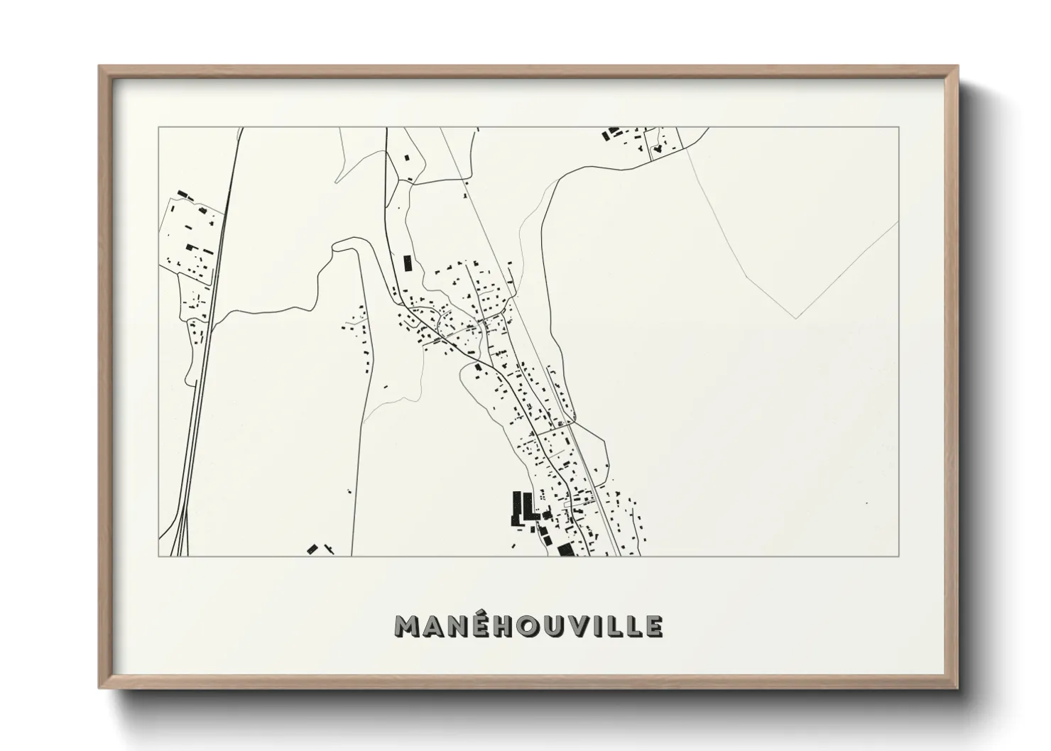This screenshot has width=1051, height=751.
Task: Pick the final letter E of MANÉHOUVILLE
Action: click(654, 626)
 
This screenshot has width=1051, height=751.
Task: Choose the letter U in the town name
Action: click(551, 626)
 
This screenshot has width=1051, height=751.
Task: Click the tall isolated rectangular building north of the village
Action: click(408, 263)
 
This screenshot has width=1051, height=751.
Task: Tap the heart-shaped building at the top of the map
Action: click(658, 149)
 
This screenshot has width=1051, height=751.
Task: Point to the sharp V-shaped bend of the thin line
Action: click(795, 317)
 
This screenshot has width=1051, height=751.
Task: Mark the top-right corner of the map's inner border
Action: click(899, 128)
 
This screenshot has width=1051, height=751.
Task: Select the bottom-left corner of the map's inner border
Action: click(158, 556)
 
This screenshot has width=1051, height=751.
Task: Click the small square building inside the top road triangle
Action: click(407, 158)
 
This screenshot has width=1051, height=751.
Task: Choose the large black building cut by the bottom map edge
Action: click(565, 550)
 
